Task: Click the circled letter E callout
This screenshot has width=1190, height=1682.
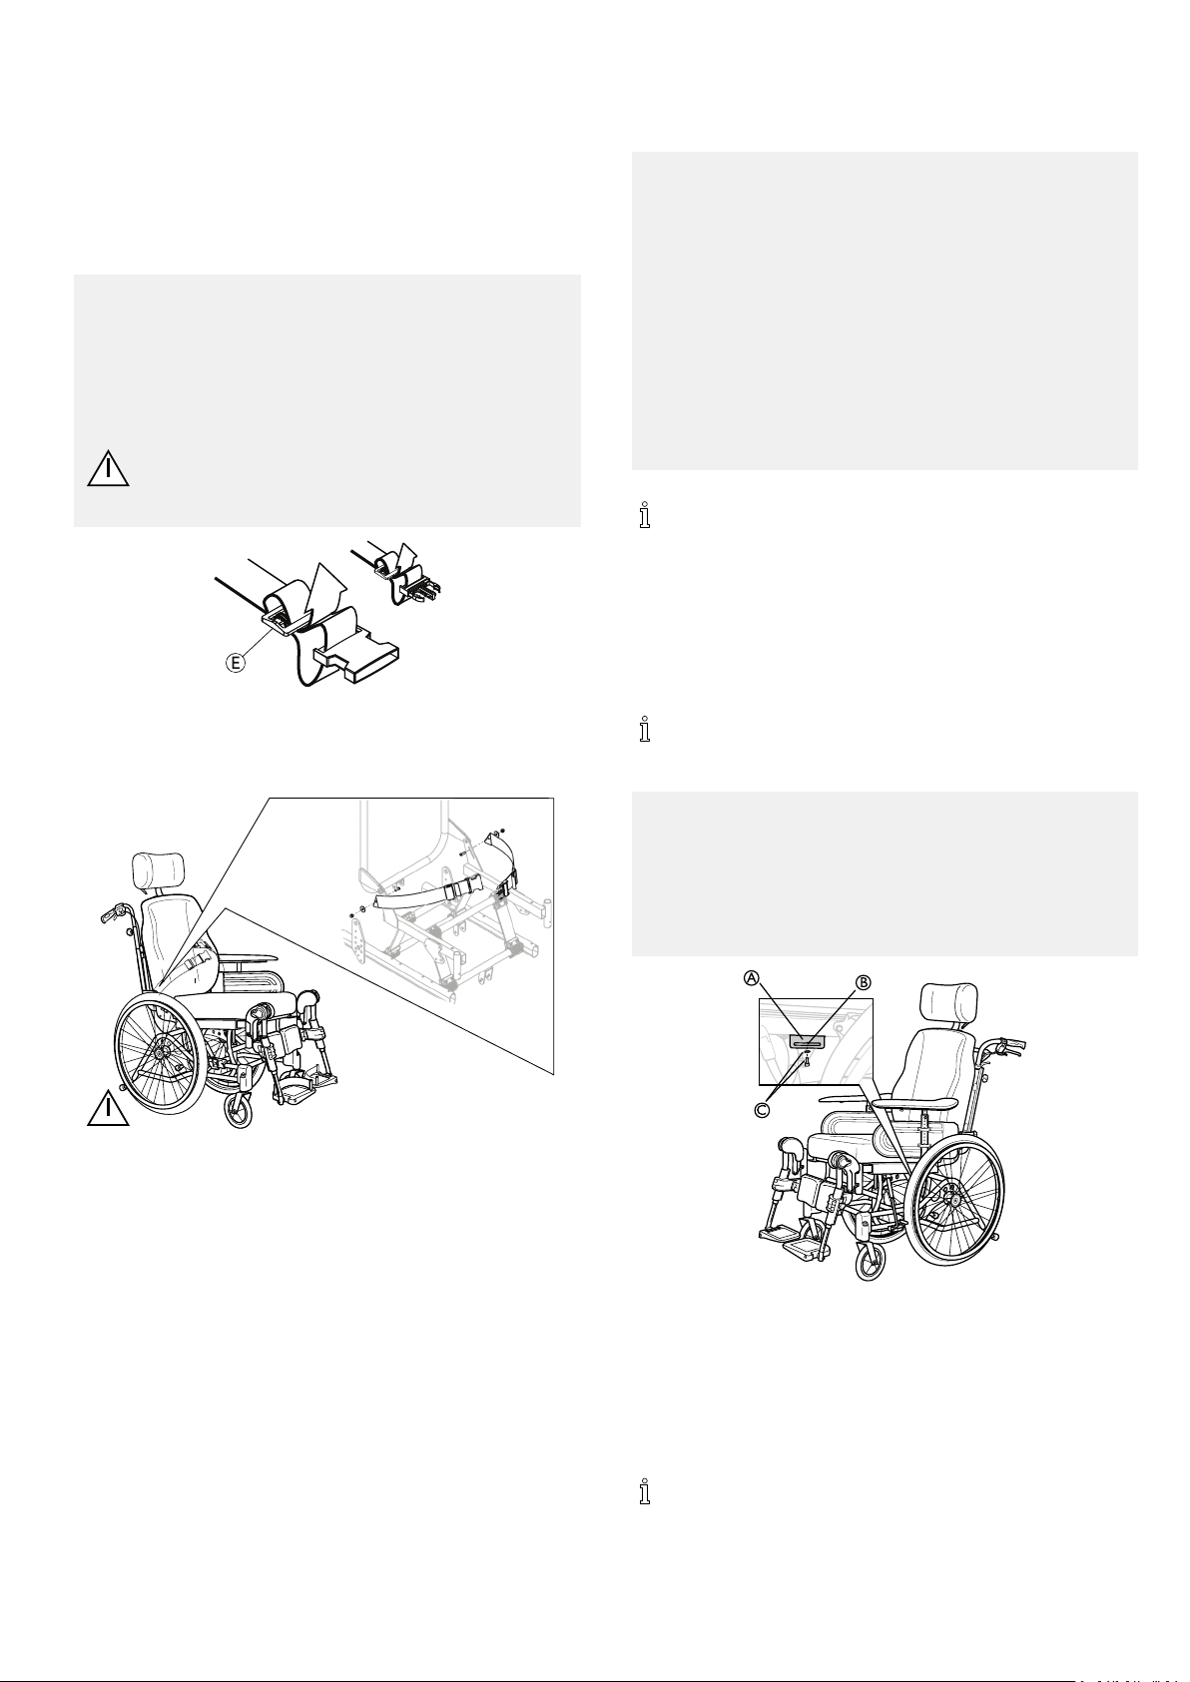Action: (x=237, y=664)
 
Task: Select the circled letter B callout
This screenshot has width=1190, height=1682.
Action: (x=864, y=982)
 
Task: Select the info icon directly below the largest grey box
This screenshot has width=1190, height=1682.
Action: (x=644, y=515)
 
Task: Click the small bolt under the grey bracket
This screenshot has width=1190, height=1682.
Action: (x=806, y=1061)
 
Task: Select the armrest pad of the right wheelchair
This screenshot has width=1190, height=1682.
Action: (x=916, y=1103)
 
